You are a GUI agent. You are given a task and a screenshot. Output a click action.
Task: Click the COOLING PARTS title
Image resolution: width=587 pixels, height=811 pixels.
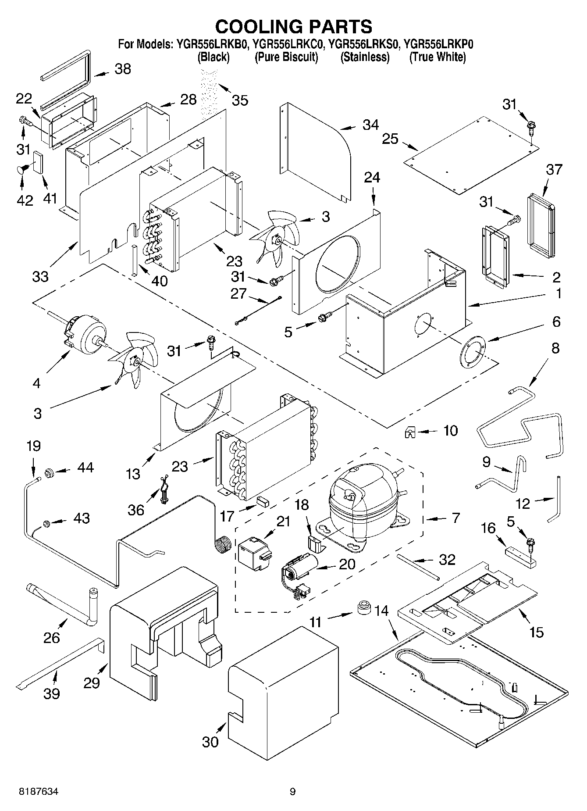pos(293,27)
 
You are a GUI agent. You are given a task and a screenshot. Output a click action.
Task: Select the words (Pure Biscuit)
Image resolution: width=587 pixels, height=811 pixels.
pos(286,57)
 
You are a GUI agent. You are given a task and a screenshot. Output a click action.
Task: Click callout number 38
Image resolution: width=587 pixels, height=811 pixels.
pos(123,69)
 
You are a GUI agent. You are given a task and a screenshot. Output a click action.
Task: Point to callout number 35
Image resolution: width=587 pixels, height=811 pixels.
pos(240,100)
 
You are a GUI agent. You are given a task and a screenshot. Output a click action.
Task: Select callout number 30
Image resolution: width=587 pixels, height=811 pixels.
pos(210,742)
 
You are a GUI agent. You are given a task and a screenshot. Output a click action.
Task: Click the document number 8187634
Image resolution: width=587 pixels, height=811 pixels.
pos(38,792)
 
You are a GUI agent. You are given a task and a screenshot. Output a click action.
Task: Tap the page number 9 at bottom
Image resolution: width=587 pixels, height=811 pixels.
pos(292,792)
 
